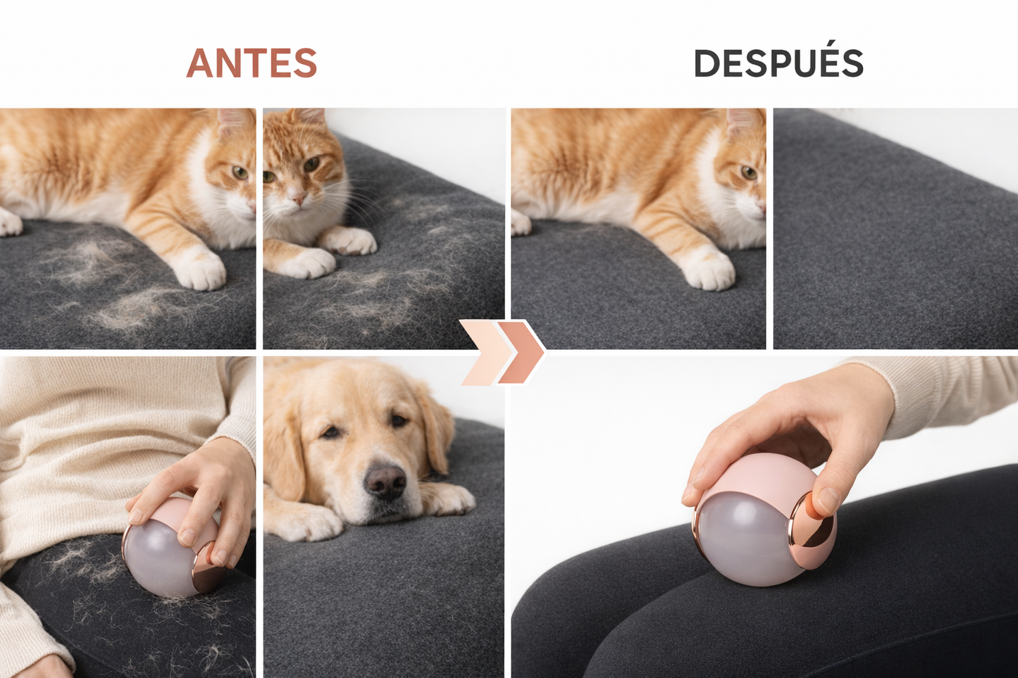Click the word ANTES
coord(252,63)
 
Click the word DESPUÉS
coord(778,63)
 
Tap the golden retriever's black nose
coord(385,482)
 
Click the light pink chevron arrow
coord(483,351)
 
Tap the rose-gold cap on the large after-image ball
coord(812,529)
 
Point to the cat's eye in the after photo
coord(749,172)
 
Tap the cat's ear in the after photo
coord(743,120)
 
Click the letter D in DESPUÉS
coord(707,64)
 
